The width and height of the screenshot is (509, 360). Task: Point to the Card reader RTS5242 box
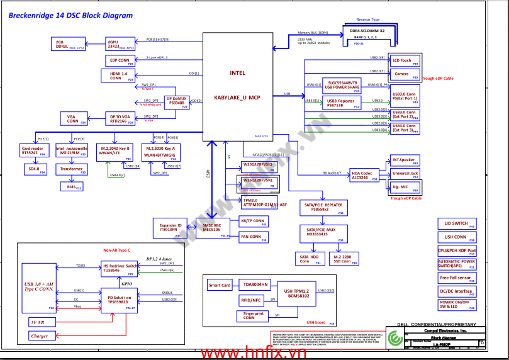[33, 152]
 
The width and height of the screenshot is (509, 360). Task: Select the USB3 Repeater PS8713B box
[342, 103]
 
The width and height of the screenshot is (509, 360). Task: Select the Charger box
[39, 336]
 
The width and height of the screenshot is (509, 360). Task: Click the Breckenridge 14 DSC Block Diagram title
[70, 16]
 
